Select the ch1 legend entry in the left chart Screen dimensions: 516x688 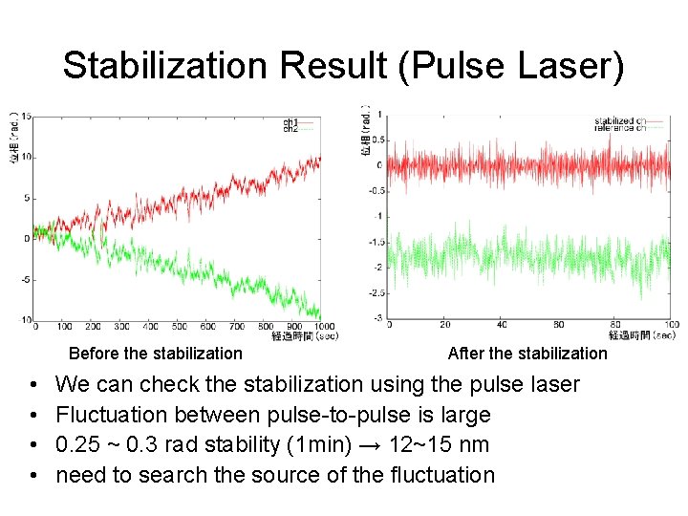click(x=290, y=121)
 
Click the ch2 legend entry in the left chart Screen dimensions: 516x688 click(x=290, y=128)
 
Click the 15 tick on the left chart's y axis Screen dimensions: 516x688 click(x=26, y=117)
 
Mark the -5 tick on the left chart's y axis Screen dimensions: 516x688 click(x=26, y=280)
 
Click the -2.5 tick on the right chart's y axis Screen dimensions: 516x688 click(x=376, y=292)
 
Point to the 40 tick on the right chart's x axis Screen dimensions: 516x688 click(x=503, y=325)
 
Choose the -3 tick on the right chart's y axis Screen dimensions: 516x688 click(x=379, y=318)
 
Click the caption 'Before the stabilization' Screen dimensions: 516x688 click(x=156, y=354)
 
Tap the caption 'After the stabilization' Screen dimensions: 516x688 click(x=527, y=354)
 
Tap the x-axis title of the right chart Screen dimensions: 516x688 click(x=642, y=335)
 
